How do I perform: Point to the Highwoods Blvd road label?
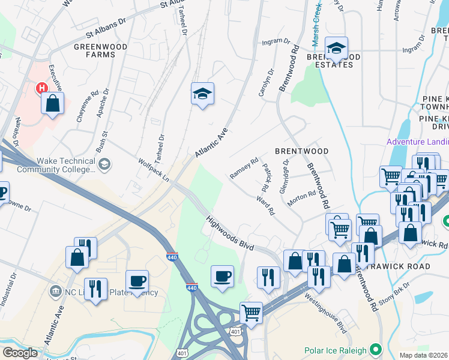tap(231, 233)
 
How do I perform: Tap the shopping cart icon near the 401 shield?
tap(251, 312)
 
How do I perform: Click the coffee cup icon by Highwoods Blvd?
tap(222, 276)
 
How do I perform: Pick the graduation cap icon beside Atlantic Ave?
tap(203, 93)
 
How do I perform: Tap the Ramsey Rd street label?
tap(244, 169)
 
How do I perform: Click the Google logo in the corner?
tap(20, 353)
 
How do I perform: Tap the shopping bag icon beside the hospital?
tap(53, 103)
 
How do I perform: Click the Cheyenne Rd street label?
tap(88, 107)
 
